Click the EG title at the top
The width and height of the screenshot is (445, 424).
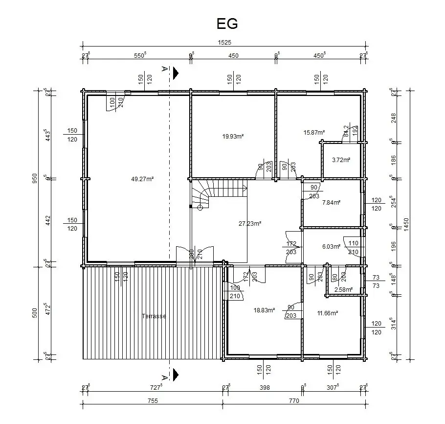point(227,24)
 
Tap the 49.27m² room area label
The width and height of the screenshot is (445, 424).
point(142,179)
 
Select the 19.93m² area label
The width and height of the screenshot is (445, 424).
point(233,137)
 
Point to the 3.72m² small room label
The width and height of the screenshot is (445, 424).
point(341,160)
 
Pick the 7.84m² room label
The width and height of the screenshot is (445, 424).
point(332,202)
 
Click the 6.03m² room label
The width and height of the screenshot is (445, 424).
point(331,247)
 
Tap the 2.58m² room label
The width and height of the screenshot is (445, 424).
point(342,290)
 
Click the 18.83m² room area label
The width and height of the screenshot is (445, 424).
point(264,310)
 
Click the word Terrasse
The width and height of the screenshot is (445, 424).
point(154,316)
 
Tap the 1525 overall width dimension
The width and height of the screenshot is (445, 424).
point(224,43)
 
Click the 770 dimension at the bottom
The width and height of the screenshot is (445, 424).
point(294,400)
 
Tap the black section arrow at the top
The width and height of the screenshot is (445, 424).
point(176,72)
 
